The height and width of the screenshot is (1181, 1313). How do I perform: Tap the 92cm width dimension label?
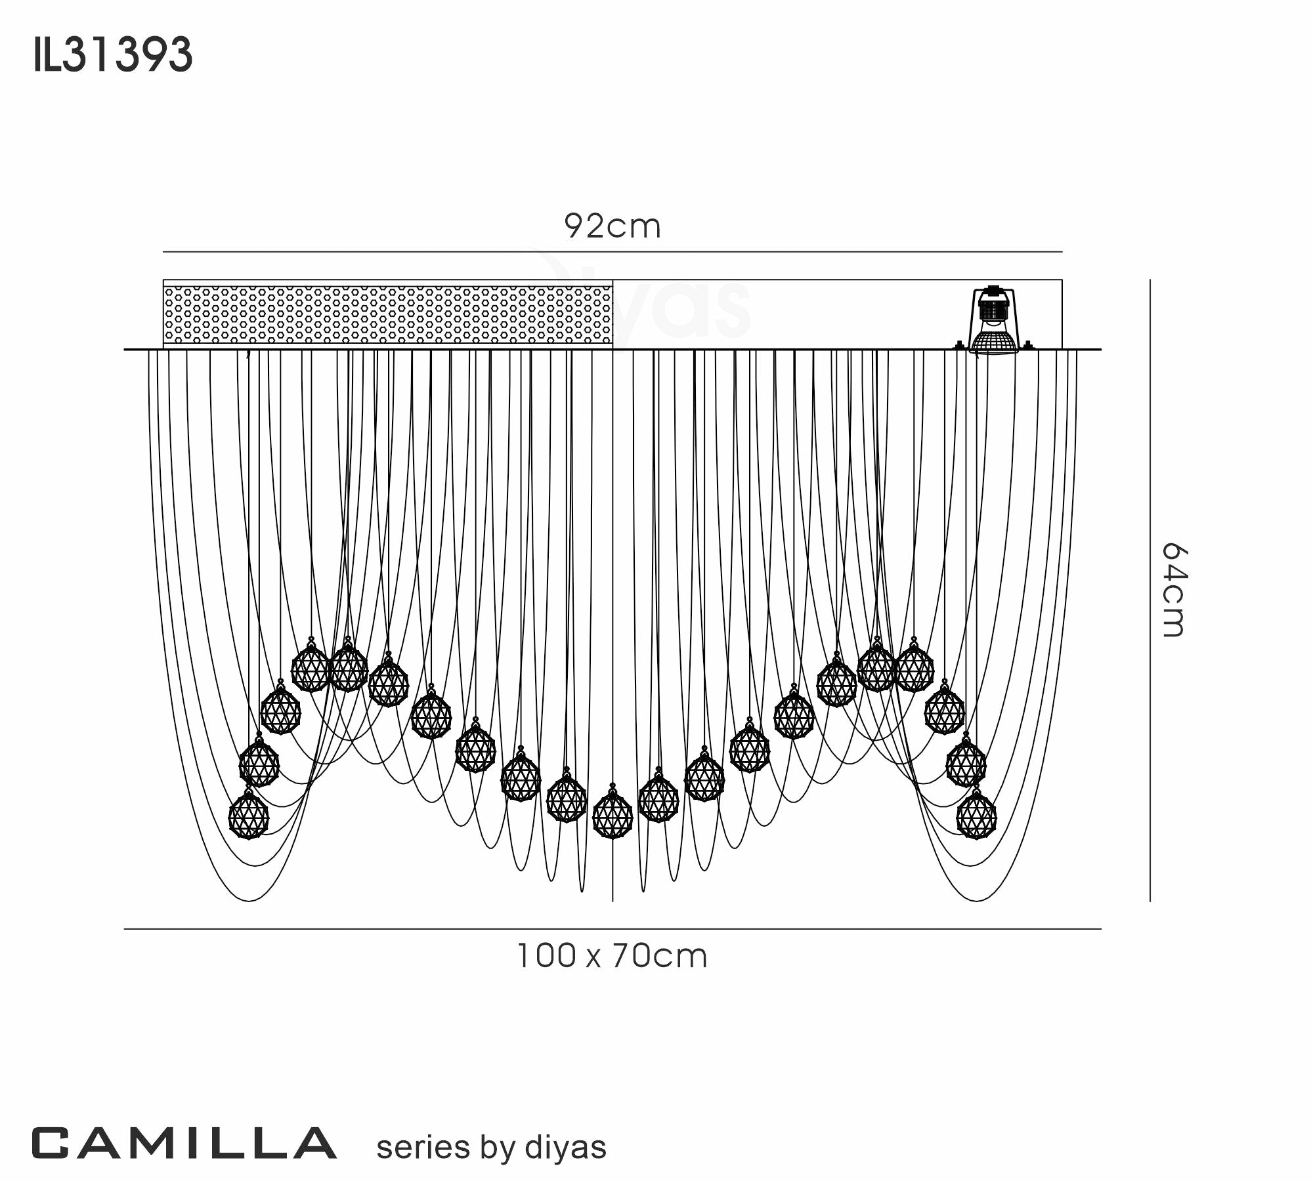tap(612, 227)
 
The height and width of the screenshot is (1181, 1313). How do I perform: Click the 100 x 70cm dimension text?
tap(612, 956)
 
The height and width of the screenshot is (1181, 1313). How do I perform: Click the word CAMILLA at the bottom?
tap(184, 1144)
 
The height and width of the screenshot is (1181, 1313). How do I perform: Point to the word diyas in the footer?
tap(565, 1147)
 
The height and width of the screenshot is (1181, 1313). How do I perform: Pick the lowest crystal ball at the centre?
tap(612, 815)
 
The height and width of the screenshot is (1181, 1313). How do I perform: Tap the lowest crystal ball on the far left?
tap(248, 816)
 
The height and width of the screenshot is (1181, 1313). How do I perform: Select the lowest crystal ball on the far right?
tap(976, 816)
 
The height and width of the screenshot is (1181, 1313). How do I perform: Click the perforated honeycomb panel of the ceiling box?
tap(387, 314)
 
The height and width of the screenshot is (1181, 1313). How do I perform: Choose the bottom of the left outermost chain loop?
tap(248, 900)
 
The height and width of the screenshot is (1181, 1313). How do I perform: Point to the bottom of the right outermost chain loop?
tap(976, 900)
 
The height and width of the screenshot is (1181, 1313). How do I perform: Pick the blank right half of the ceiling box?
tap(788, 314)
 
